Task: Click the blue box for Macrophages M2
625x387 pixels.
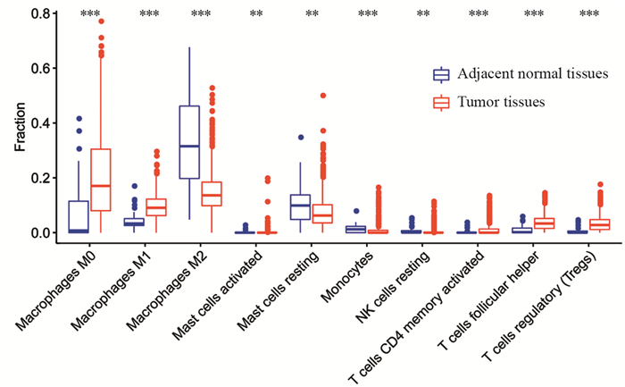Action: (x=189, y=142)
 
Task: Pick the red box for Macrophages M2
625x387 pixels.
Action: (x=212, y=194)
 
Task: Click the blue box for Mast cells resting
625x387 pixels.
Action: (x=301, y=206)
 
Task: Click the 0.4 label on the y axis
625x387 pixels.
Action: (x=37, y=123)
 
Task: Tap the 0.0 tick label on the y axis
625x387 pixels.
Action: (x=37, y=232)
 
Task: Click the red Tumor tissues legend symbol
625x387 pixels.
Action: (x=440, y=102)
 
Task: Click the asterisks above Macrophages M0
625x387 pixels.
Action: (x=90, y=14)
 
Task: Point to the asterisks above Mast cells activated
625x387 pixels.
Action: (x=256, y=14)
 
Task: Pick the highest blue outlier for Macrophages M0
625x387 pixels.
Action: (x=79, y=118)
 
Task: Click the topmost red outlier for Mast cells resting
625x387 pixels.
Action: (x=322, y=95)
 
